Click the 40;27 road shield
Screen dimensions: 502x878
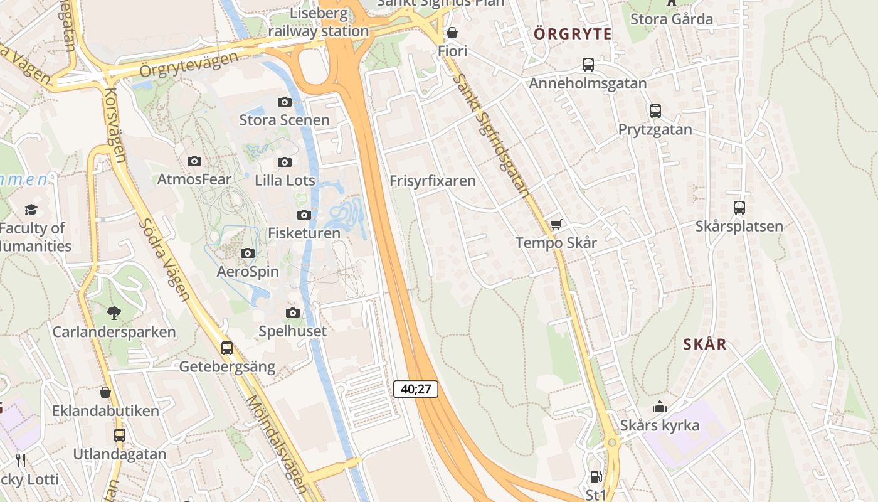pos(415,389)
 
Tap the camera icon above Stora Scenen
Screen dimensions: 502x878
pos(285,102)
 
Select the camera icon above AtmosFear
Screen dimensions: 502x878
pos(194,161)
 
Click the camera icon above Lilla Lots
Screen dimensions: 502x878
pos(285,162)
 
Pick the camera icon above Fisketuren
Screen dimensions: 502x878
pos(304,215)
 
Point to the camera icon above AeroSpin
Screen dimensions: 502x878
pos(248,253)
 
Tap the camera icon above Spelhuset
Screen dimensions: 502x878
pos(292,312)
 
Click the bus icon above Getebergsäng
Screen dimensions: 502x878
pos(227,348)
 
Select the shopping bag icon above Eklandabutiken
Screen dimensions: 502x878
pos(105,392)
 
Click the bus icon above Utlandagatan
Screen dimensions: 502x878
pos(119,435)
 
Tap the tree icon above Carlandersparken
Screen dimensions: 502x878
pos(114,312)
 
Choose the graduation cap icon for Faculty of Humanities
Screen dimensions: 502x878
pos(30,210)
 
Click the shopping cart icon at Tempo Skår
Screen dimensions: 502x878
pos(556,224)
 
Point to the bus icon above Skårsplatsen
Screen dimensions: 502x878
pos(739,208)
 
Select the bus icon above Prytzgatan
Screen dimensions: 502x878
pos(655,111)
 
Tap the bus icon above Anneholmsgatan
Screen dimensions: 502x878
pos(588,64)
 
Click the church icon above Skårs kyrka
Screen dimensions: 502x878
pos(659,407)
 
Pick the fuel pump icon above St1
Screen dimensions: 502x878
pos(596,477)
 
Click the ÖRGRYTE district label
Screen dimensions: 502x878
pos(573,34)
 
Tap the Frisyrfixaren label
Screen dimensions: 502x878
pos(433,181)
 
